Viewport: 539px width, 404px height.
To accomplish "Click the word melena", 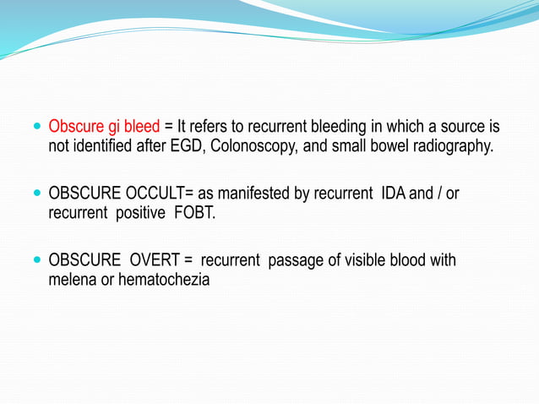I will (x=73, y=279).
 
